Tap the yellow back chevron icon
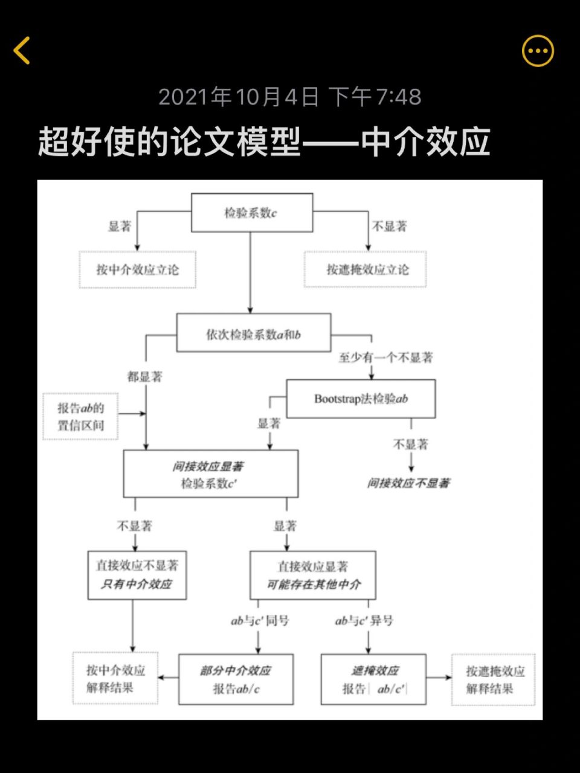(22, 50)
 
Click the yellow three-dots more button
(537, 51)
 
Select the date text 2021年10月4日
(239, 97)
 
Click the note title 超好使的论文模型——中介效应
(264, 143)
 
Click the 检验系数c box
(252, 213)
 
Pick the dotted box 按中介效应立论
(138, 269)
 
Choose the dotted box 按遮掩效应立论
(366, 269)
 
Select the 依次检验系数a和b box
(253, 333)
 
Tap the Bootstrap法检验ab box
(361, 399)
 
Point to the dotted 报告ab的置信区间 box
(80, 416)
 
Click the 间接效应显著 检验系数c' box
(210, 474)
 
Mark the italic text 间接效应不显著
(409, 483)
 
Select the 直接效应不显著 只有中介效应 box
(137, 575)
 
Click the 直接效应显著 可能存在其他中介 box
(313, 575)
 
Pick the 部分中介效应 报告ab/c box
(236, 679)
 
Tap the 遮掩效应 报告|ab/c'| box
(373, 679)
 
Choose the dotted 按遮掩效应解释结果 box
(494, 679)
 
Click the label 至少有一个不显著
(385, 358)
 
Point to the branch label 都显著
(145, 377)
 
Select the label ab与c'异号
(364, 621)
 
